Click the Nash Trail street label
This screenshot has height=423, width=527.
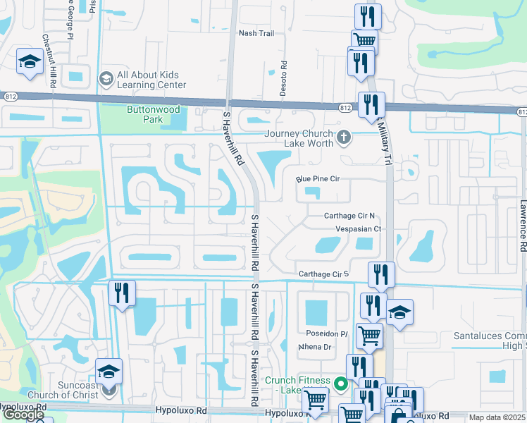(x=256, y=33)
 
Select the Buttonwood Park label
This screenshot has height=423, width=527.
(x=153, y=114)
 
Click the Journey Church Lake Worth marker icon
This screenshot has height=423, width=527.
(x=344, y=137)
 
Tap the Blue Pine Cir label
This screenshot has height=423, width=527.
(x=318, y=179)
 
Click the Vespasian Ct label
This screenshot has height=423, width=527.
(x=357, y=229)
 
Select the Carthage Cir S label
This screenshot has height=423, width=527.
(x=323, y=274)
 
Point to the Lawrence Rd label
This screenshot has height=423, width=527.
(x=523, y=225)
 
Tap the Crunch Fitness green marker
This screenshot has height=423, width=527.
(x=341, y=384)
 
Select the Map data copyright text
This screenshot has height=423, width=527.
(x=497, y=417)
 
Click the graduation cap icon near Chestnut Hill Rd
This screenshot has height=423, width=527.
(x=30, y=62)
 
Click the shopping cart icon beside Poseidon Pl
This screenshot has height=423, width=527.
(x=369, y=336)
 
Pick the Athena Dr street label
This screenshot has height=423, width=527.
(x=315, y=347)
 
